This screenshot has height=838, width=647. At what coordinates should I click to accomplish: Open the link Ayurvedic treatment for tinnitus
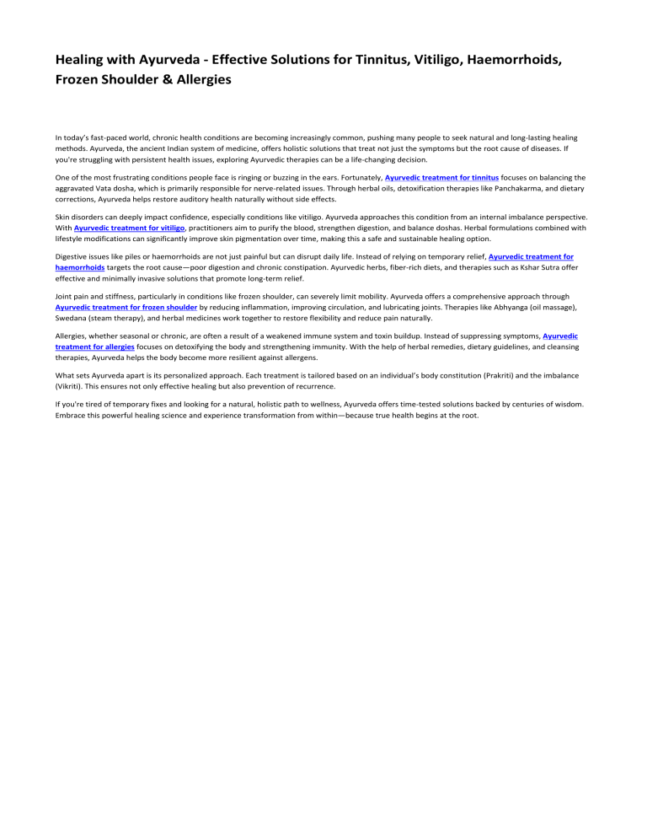(442, 177)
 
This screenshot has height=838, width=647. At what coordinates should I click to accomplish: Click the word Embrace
(73, 415)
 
